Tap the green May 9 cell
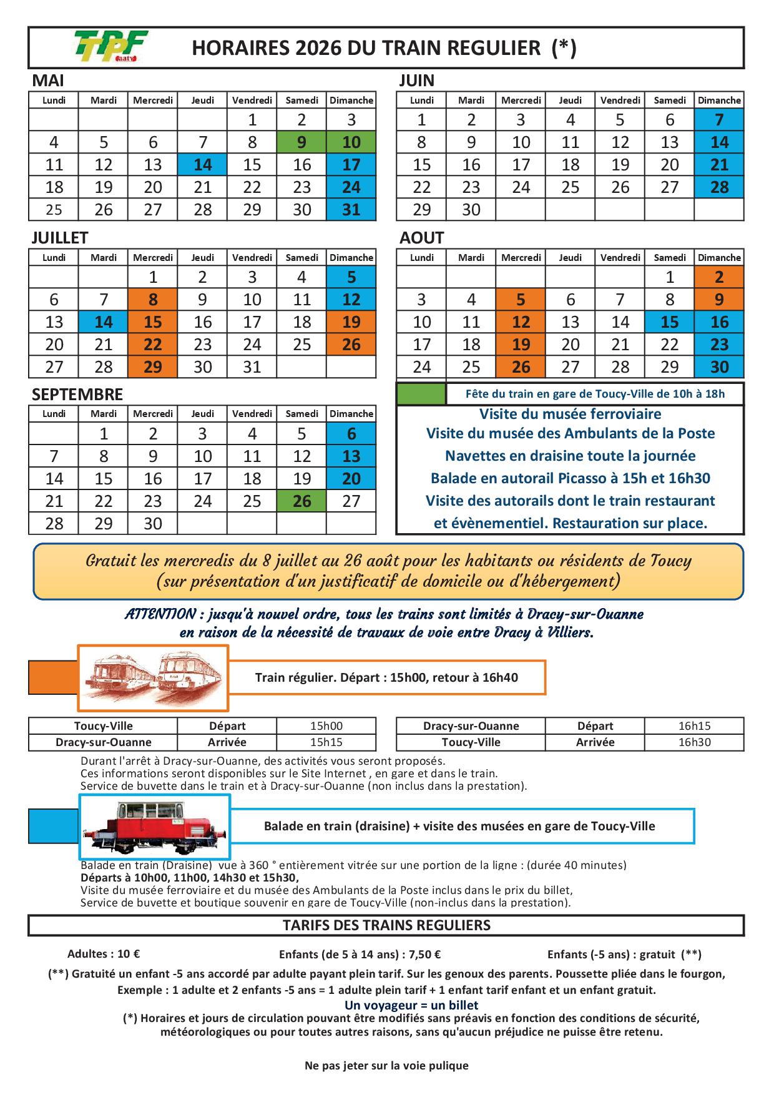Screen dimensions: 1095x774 [301, 142]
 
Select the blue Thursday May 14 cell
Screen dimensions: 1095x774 [202, 165]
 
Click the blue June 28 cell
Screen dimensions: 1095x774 [719, 187]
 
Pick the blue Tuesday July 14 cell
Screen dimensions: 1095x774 [104, 322]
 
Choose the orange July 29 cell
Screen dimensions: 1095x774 [153, 367]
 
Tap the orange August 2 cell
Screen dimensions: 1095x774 [719, 277]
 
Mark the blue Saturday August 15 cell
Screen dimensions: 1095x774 [670, 322]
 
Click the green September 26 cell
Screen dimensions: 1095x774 [301, 501]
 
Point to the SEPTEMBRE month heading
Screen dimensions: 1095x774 [77, 395]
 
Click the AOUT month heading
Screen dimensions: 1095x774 [422, 238]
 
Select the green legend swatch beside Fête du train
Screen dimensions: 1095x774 [421, 394]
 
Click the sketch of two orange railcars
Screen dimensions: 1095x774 [153, 678]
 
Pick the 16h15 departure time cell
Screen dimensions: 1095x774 [694, 726]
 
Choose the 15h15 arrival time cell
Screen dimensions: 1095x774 [326, 742]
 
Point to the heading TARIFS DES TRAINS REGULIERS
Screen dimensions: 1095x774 [386, 925]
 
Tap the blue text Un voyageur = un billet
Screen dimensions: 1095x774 [411, 1005]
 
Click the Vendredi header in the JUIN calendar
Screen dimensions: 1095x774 [620, 100]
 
